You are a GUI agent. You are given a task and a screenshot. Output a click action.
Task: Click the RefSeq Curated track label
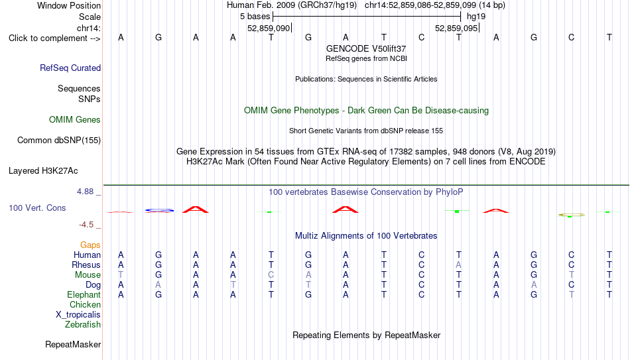point(70,68)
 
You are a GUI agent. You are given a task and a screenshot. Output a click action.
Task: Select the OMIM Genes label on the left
point(75,120)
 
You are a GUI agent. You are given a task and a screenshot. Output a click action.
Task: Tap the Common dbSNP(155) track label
point(59,141)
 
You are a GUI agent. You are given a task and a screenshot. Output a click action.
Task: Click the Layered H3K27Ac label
point(43,171)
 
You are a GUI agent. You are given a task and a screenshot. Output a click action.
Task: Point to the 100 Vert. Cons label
point(37,208)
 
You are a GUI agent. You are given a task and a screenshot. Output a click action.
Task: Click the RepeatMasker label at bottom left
point(73,344)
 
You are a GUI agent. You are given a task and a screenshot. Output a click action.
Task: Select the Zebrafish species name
point(83,324)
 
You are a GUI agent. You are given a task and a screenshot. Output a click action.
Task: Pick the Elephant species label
point(84,294)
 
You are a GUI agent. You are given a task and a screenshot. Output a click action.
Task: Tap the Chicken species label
point(85,304)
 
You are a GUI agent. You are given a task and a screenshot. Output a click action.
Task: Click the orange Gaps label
point(90,245)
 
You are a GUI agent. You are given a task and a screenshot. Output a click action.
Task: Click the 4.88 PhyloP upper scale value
point(85,192)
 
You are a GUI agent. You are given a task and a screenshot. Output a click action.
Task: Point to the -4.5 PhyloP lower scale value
point(86,225)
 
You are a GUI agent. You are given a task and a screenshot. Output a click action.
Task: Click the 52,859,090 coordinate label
point(269,28)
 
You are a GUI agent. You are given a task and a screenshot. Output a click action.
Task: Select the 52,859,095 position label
point(456,28)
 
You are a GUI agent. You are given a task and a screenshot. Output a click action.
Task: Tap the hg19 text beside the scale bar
point(476,17)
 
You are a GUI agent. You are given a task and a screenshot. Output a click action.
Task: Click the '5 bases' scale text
point(255,17)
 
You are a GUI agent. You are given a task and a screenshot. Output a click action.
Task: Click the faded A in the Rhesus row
point(458,265)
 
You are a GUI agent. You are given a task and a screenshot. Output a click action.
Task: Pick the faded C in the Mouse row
point(271,275)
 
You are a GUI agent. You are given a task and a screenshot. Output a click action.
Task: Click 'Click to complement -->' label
point(54,38)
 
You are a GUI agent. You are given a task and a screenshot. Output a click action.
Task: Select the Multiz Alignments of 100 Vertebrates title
point(366,236)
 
